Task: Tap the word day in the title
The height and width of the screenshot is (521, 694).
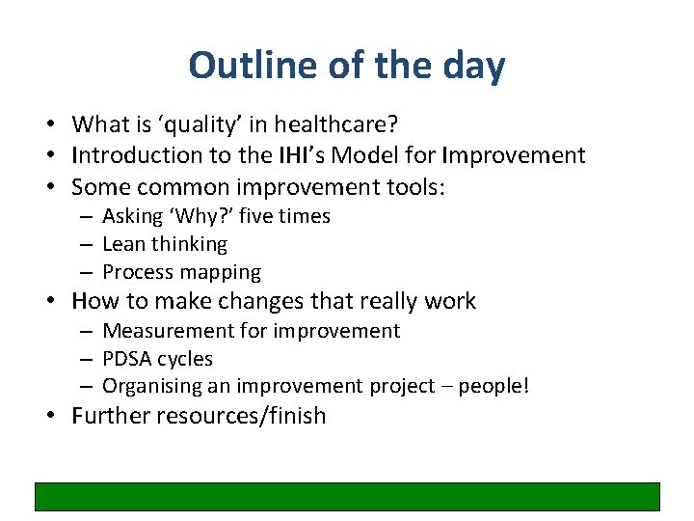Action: tap(470, 66)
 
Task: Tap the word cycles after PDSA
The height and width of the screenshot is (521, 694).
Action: tap(187, 359)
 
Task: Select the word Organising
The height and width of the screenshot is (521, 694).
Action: tap(149, 387)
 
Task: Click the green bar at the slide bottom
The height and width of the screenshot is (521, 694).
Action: tap(347, 496)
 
